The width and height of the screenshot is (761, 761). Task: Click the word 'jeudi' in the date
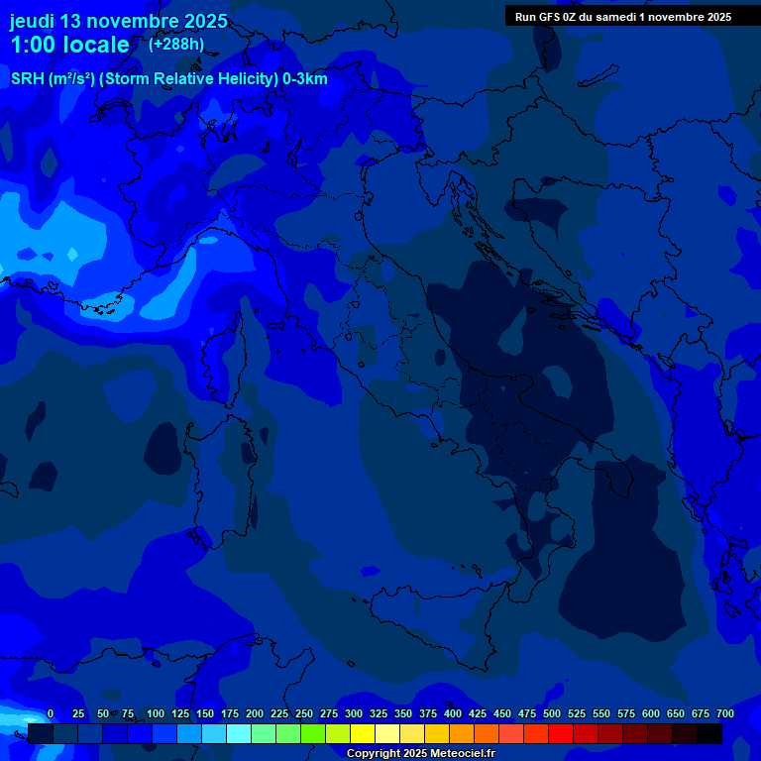click(33, 21)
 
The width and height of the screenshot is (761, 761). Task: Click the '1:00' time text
click(33, 45)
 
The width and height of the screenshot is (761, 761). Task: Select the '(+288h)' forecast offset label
click(176, 45)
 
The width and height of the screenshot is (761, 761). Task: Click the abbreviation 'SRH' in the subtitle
click(28, 79)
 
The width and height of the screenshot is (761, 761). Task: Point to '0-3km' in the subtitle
click(304, 79)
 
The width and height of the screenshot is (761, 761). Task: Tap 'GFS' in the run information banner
click(550, 17)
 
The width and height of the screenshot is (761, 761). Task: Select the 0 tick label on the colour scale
click(51, 714)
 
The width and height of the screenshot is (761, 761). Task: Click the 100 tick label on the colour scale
click(156, 714)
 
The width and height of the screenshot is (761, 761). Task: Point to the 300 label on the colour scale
click(354, 714)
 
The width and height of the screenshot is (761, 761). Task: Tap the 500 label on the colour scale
click(552, 714)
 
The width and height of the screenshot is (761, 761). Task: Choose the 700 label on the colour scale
click(725, 714)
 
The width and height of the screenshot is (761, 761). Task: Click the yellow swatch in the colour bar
click(363, 734)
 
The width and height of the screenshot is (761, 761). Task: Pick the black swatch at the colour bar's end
click(709, 734)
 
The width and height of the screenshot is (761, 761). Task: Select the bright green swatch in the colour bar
click(313, 734)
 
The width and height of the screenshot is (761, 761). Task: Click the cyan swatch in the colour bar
click(239, 734)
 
